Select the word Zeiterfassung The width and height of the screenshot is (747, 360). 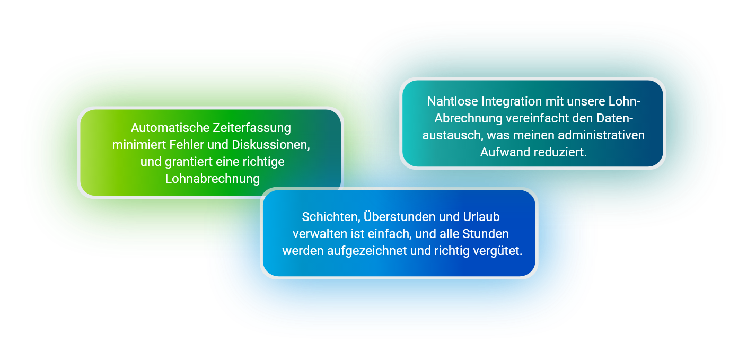point(252,128)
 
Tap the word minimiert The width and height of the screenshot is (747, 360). point(139,145)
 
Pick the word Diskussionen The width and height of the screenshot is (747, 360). point(271,145)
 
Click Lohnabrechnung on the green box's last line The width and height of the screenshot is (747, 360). point(213,179)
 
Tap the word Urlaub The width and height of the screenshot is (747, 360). point(481,217)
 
